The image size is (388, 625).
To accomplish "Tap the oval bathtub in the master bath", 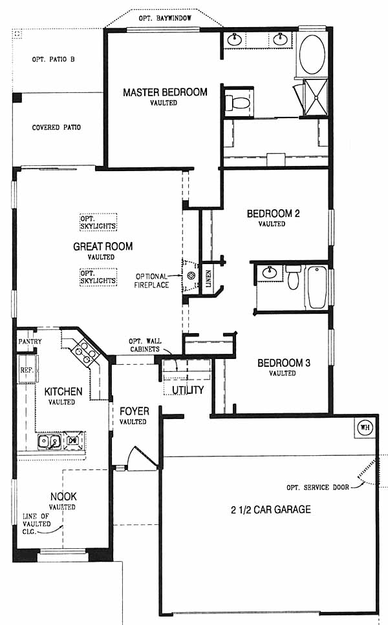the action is (x=312, y=55).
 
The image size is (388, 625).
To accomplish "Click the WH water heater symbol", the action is (x=365, y=428).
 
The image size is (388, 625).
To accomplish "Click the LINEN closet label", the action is (x=208, y=278).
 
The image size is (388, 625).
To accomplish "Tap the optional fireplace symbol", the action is (x=191, y=276).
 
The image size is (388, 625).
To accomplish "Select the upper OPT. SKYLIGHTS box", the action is (x=98, y=222).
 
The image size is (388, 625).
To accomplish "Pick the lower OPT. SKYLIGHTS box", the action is (x=98, y=277).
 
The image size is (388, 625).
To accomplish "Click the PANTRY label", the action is (x=30, y=342).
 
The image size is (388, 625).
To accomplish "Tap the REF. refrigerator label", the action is (x=27, y=370).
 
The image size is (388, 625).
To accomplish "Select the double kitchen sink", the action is (x=49, y=441).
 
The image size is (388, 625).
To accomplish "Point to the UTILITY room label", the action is (x=188, y=390).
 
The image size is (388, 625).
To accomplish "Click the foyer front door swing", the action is (x=142, y=456).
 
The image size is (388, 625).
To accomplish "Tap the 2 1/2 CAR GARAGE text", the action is (x=271, y=509).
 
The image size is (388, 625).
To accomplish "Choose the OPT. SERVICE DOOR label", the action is (x=318, y=487).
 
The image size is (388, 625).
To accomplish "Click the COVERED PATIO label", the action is (x=56, y=128).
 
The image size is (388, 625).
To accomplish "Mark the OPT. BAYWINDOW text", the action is (x=165, y=18).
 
